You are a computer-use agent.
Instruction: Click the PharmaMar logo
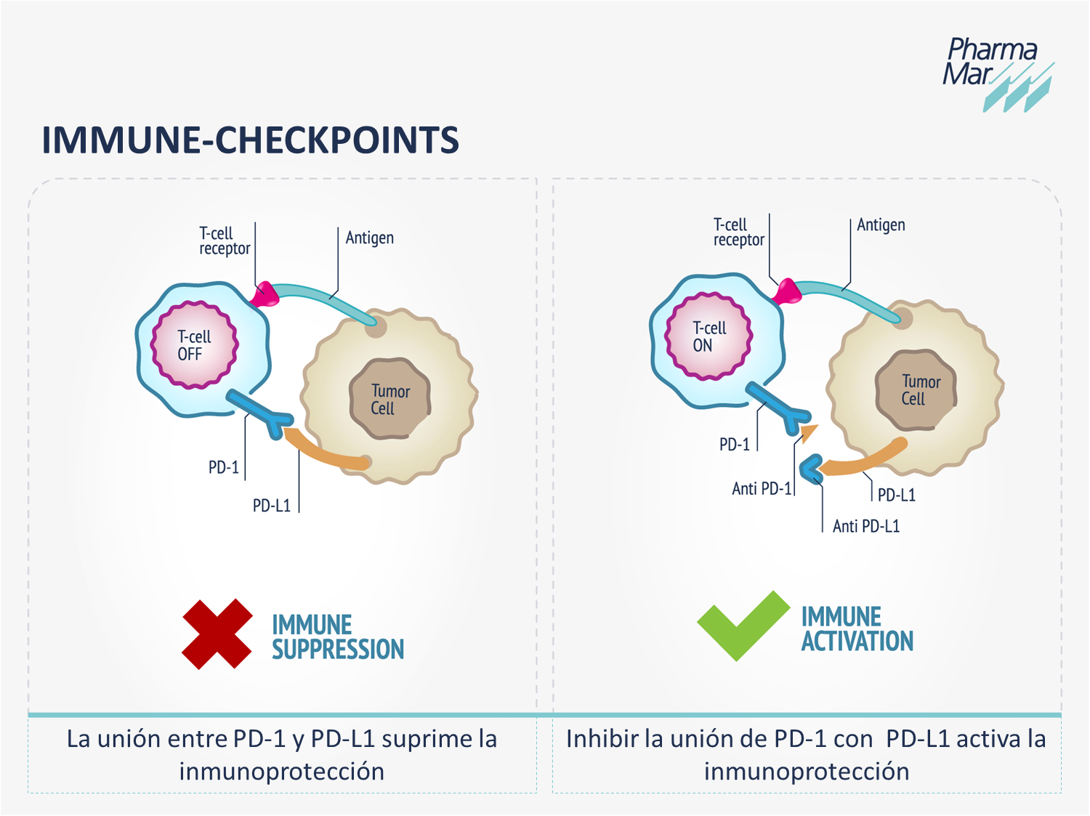pyautogui.click(x=997, y=73)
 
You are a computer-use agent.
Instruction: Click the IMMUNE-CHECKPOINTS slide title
pyautogui.click(x=250, y=140)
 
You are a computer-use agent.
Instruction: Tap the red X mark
pyautogui.click(x=217, y=634)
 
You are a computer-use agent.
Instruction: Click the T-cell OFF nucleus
pyautogui.click(x=195, y=345)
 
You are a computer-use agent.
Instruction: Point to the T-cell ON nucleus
pyautogui.click(x=708, y=336)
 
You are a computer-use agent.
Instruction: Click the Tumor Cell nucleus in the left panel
pyautogui.click(x=390, y=399)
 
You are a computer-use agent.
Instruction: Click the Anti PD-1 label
pyautogui.click(x=761, y=489)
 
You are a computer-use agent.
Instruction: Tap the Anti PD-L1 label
pyautogui.click(x=866, y=526)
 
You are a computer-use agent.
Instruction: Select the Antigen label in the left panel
pyautogui.click(x=370, y=238)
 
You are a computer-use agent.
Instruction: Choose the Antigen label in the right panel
pyautogui.click(x=881, y=225)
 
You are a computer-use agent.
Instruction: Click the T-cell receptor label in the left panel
pyautogui.click(x=225, y=241)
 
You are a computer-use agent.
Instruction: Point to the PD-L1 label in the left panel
pyautogui.click(x=271, y=506)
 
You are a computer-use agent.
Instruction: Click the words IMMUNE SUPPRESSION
pyautogui.click(x=338, y=637)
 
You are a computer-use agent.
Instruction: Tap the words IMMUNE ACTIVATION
pyautogui.click(x=857, y=629)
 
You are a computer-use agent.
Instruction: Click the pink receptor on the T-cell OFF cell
pyautogui.click(x=264, y=294)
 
